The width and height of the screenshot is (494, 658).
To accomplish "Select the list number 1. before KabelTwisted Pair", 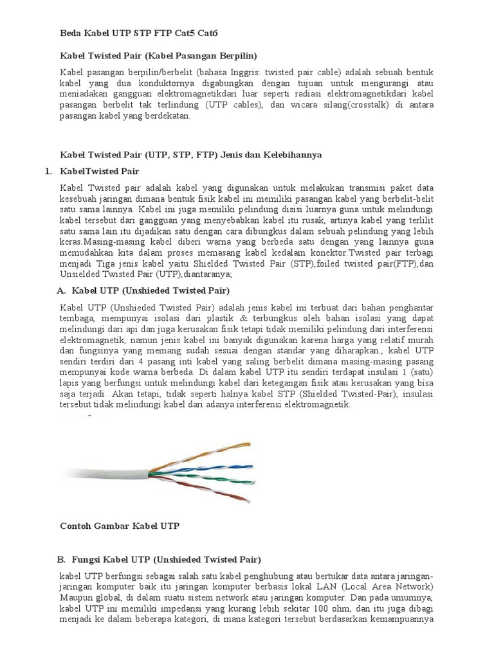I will (48, 172).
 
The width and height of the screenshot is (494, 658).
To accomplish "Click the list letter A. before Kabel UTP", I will (62, 290).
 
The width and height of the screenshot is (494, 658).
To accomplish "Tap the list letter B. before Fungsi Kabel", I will (62, 560).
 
